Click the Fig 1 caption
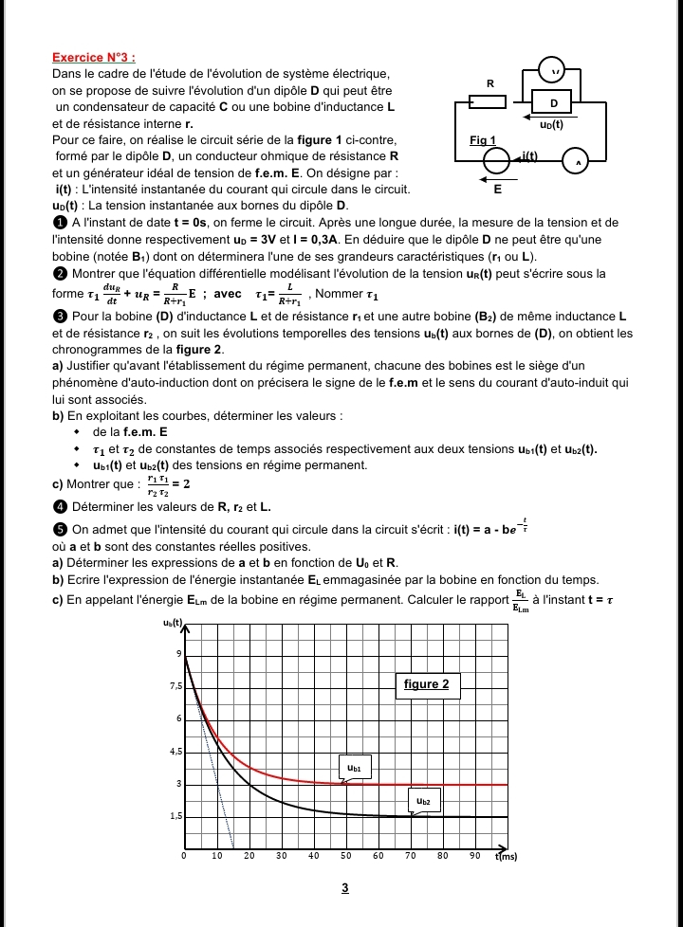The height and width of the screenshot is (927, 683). click(x=483, y=140)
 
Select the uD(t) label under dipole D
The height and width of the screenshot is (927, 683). click(x=551, y=124)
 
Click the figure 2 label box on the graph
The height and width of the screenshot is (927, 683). click(x=426, y=684)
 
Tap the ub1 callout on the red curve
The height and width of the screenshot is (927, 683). click(x=354, y=768)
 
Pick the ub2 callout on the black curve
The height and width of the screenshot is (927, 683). click(x=423, y=802)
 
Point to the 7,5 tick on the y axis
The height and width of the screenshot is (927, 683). click(x=174, y=686)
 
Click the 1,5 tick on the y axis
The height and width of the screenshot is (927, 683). click(x=174, y=816)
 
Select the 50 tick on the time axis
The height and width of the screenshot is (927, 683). click(x=345, y=856)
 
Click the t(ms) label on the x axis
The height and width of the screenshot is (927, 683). click(x=507, y=856)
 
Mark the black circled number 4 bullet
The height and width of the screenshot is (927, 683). click(x=59, y=507)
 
